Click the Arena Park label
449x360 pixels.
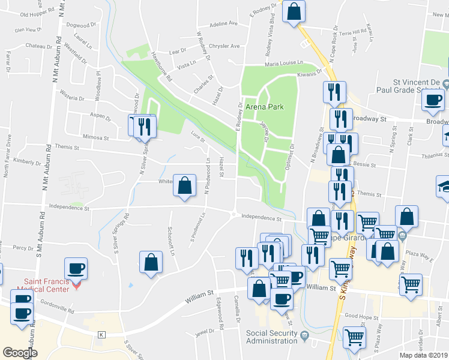point(264,107)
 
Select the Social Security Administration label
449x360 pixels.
point(271,337)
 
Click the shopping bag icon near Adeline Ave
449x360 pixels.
point(294,12)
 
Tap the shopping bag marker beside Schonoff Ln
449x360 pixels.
point(151,262)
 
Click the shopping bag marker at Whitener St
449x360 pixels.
point(185,185)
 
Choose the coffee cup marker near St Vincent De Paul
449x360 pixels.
point(433,100)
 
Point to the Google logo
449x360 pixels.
point(20,353)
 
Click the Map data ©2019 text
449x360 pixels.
point(424,355)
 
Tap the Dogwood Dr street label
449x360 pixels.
point(82,25)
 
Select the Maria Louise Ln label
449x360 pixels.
point(284,64)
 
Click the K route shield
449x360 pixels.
point(102,334)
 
